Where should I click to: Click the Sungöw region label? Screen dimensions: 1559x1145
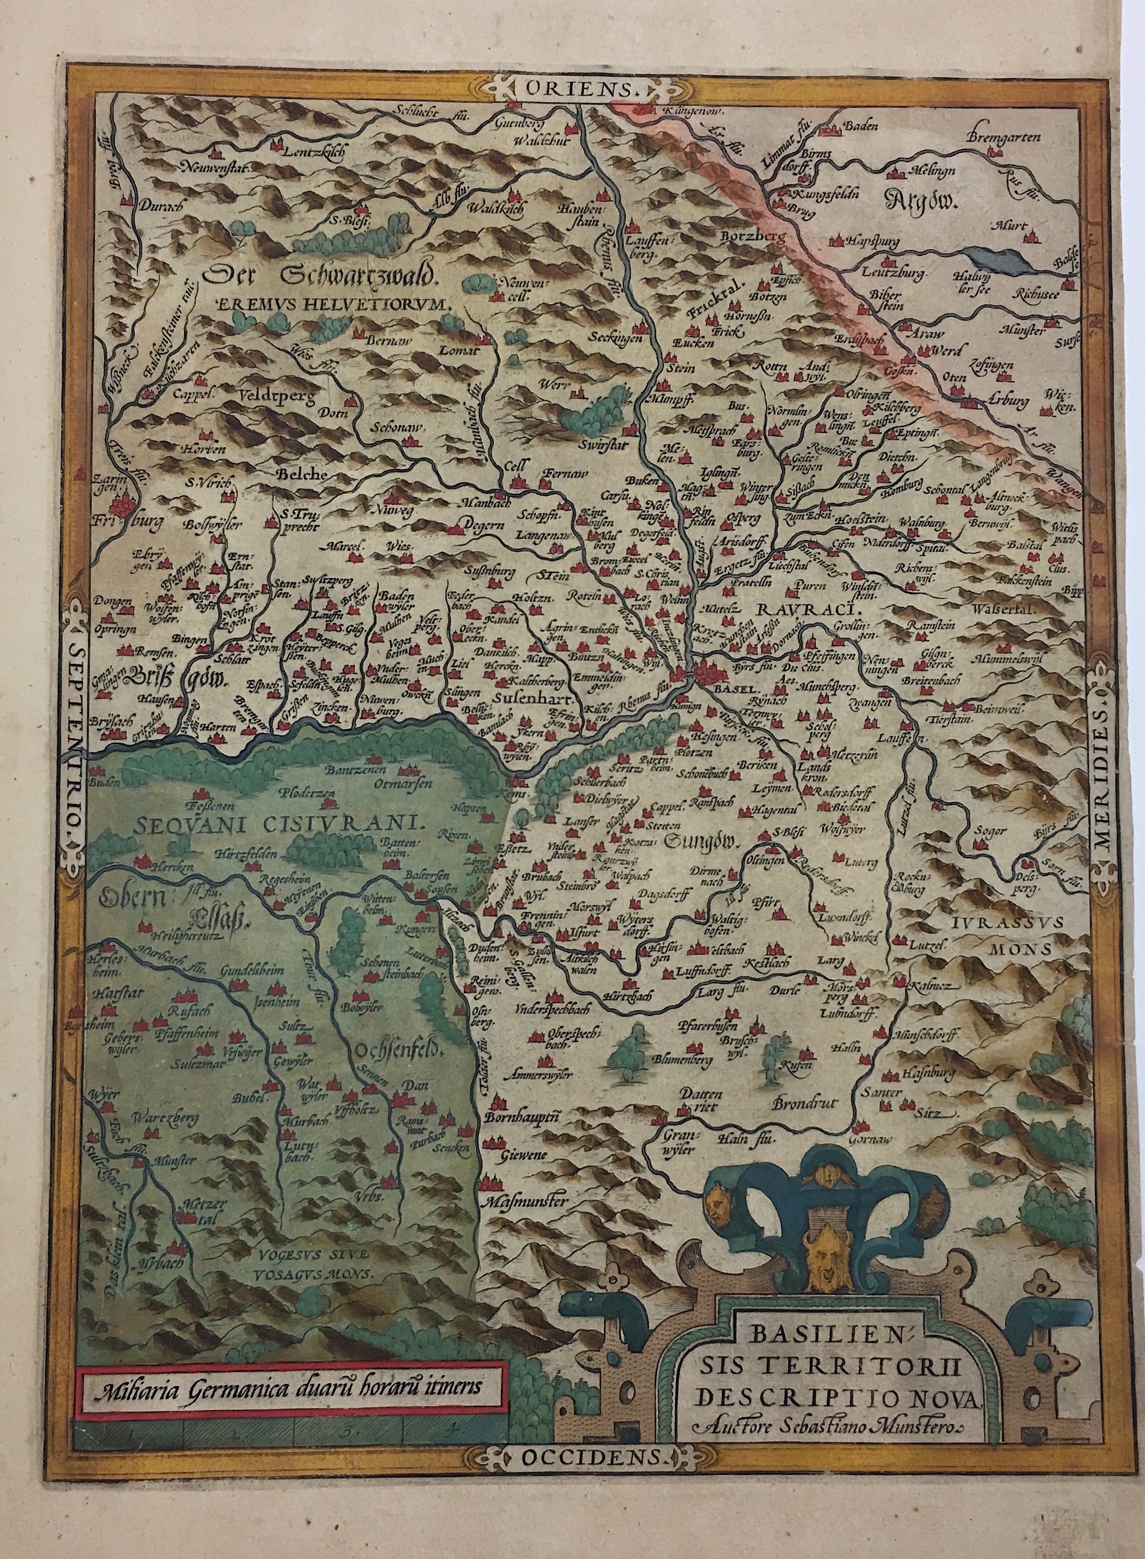click(701, 842)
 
